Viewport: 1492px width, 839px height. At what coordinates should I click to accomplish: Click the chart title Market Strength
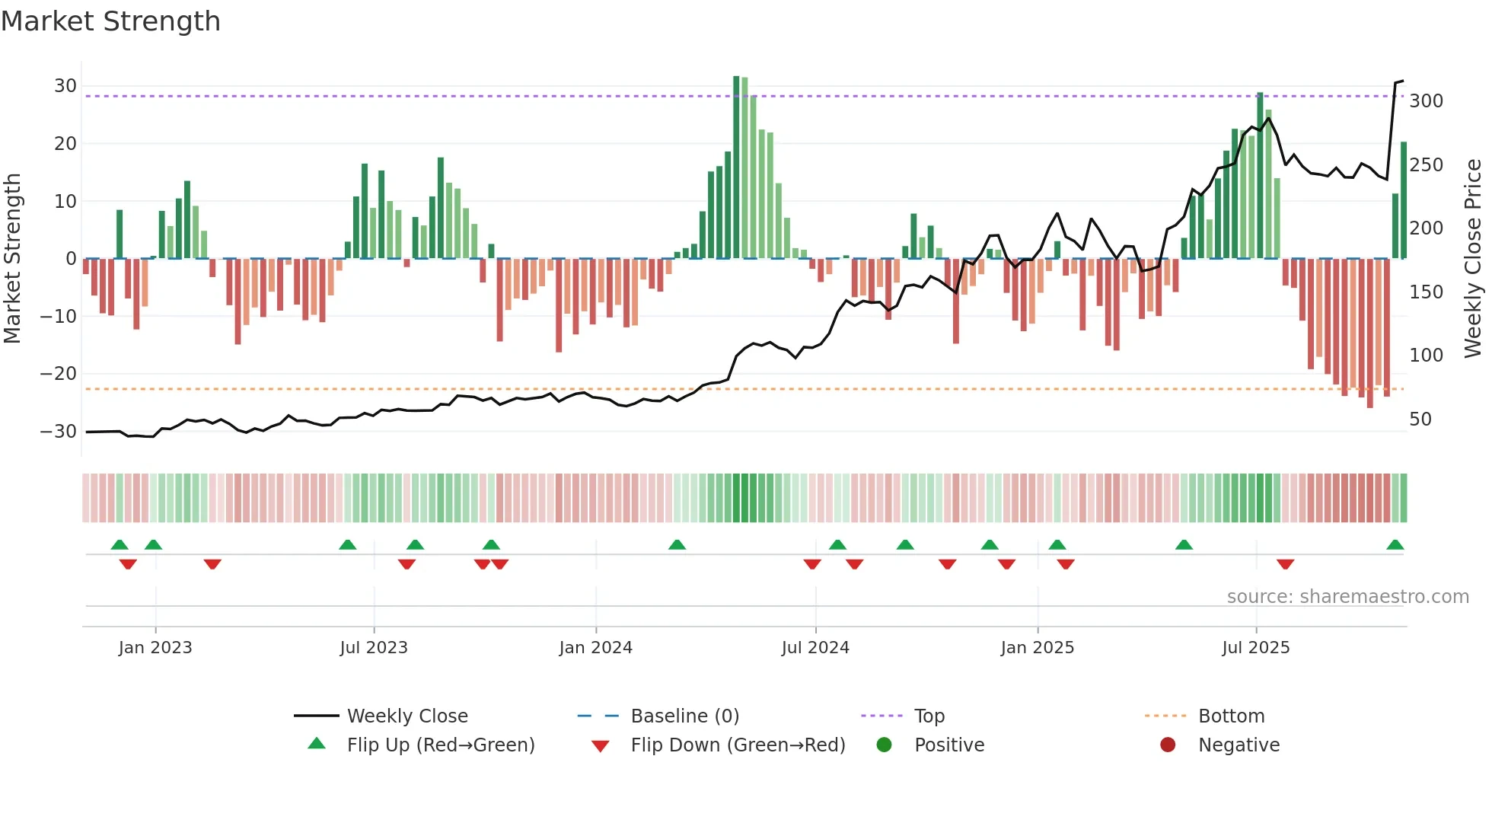[x=110, y=21]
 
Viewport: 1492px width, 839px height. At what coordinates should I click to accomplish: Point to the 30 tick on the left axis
[x=65, y=86]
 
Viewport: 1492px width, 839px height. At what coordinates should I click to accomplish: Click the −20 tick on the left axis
[x=58, y=374]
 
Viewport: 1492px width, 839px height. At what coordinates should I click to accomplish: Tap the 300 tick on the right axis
[x=1426, y=101]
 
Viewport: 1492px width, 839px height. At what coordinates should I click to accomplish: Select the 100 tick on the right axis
[x=1426, y=356]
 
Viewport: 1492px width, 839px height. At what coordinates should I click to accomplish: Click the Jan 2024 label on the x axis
[x=595, y=648]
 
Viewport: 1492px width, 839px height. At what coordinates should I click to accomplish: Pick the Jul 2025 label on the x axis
[x=1255, y=648]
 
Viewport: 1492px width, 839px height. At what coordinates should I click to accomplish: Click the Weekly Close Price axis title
[x=1473, y=259]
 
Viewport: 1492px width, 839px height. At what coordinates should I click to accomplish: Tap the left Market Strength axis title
[x=12, y=259]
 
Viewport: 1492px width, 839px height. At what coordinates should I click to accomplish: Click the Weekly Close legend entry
[x=406, y=716]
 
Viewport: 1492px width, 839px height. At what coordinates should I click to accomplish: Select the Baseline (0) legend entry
[x=684, y=716]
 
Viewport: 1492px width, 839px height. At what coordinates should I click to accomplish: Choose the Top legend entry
[x=929, y=716]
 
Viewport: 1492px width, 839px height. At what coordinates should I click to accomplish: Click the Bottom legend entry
[x=1231, y=716]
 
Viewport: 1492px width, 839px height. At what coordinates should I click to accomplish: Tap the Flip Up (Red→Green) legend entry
[x=440, y=745]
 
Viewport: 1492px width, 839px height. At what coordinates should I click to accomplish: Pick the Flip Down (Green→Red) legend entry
[x=737, y=745]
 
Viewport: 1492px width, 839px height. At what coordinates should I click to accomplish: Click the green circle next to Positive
[x=884, y=745]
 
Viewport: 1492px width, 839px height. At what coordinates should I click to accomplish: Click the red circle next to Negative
[x=1168, y=745]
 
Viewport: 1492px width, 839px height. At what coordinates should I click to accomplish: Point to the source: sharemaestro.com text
[x=1347, y=597]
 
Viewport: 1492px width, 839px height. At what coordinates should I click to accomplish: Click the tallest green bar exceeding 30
[x=736, y=167]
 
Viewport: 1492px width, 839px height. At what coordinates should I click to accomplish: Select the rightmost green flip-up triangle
[x=1395, y=545]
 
